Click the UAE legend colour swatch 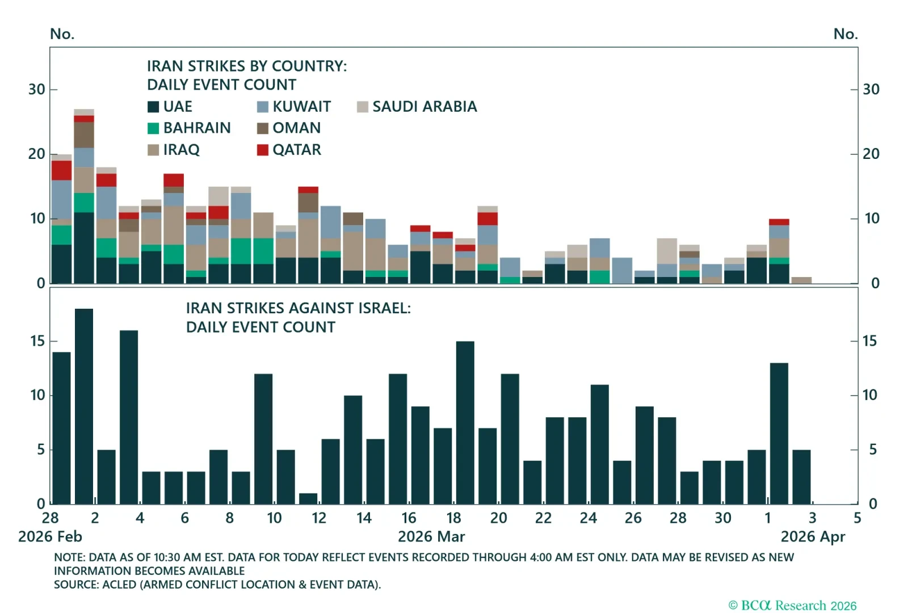(x=153, y=107)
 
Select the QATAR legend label (x=296, y=150)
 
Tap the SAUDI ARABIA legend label (x=424, y=107)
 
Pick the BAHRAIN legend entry (x=196, y=128)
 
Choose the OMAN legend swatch (x=263, y=128)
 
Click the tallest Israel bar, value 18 (x=84, y=406)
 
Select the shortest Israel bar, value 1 (x=308, y=498)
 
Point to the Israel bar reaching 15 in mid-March (x=465, y=422)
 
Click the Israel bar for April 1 (x=779, y=433)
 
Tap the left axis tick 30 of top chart (x=37, y=90)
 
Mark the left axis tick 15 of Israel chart (x=37, y=341)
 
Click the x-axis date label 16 (x=409, y=518)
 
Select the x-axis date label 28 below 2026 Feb (x=51, y=518)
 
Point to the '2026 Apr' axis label (x=813, y=537)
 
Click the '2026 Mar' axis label (x=431, y=537)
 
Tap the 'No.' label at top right (x=845, y=34)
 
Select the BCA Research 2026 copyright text (x=792, y=606)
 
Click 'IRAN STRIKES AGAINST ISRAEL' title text (x=298, y=308)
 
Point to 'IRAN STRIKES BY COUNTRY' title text (x=247, y=66)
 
